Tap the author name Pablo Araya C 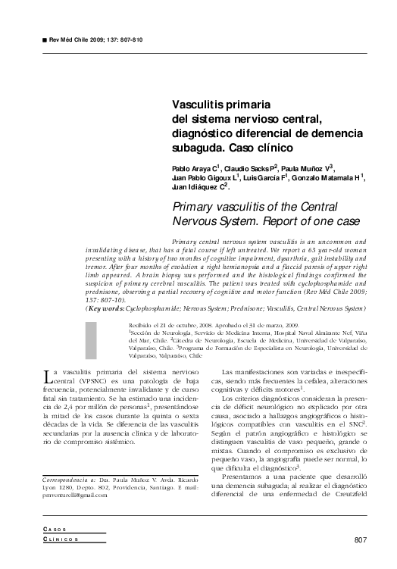(x=195, y=167)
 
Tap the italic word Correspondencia (x=64, y=480)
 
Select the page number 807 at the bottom (x=360, y=539)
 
